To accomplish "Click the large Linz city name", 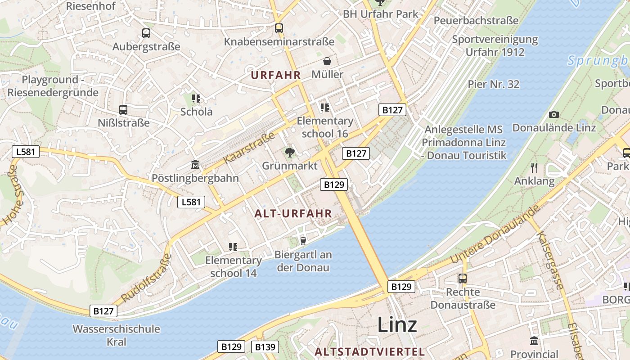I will pos(397,324).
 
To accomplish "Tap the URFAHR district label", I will pos(275,75).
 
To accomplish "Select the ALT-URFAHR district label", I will pos(293,214).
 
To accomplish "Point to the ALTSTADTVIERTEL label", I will pos(369,351).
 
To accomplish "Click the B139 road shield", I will pos(265,347).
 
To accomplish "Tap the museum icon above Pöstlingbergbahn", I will pos(195,165).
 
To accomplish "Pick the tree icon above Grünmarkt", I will pos(290,152).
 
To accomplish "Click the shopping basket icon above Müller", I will pos(327,61).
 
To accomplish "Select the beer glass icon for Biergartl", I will pos(303,241).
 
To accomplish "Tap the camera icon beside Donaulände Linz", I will pos(554,115).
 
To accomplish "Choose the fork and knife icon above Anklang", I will pos(534,168).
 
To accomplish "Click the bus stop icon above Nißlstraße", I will pos(123,109).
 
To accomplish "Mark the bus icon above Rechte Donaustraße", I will pos(463,279).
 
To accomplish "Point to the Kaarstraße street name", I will pos(249,148).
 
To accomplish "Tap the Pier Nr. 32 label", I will pos(494,84).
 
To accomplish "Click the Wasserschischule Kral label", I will pos(116,335).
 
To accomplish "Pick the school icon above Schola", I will pos(196,98).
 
